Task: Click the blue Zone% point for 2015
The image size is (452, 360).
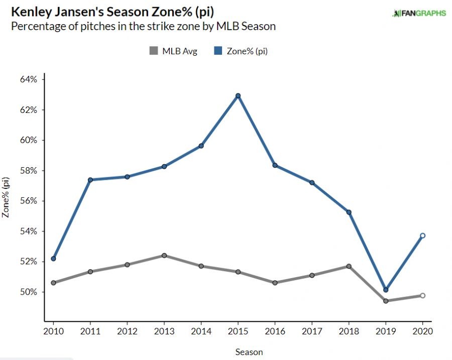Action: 238,95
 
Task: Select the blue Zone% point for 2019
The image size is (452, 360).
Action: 385,290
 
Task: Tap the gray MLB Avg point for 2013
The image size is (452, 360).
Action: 164,256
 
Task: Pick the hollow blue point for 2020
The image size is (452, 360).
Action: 422,235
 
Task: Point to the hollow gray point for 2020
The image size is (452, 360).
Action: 422,295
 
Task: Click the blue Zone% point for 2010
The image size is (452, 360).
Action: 53,259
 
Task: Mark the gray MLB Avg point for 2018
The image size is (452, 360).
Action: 349,266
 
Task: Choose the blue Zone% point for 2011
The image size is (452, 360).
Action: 90,180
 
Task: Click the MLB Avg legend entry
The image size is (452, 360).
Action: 173,51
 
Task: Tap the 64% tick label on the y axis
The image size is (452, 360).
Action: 27,79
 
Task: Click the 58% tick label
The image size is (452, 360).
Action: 27,171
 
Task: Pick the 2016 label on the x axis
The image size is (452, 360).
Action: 275,332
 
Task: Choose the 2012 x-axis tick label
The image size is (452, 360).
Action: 127,332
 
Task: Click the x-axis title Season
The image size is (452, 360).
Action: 249,352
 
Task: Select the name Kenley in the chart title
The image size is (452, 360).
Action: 30,12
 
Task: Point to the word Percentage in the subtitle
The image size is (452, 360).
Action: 37,26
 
